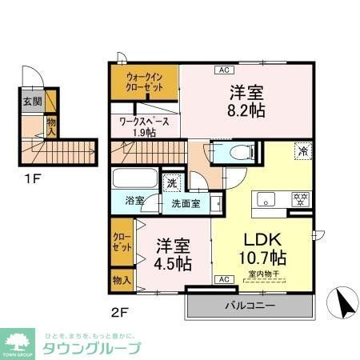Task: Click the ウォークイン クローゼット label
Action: pos(145,82)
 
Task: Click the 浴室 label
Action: pos(135,202)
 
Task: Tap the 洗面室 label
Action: pos(186,203)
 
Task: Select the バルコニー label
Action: pos(249,306)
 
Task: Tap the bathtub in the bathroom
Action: pos(136,178)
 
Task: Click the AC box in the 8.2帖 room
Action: pos(221,70)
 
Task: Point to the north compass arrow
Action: pos(345,305)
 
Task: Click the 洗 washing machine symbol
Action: pos(171,183)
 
